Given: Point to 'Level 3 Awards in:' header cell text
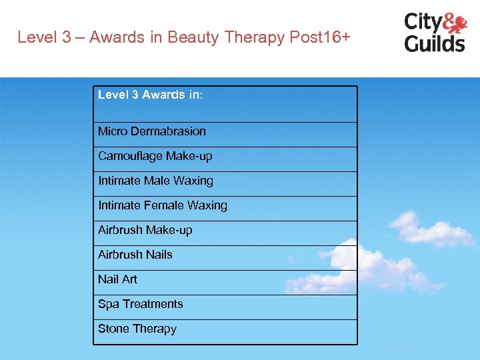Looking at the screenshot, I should click(150, 95).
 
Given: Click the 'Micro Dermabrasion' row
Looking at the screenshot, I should click(152, 131).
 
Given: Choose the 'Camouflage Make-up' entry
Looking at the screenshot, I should click(155, 156).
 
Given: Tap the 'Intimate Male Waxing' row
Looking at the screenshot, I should click(155, 181).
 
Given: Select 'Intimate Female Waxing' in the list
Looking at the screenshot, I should click(163, 205).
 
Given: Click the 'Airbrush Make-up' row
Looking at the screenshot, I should click(145, 230).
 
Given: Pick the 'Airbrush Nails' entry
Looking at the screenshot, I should click(135, 255).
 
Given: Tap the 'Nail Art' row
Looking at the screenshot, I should click(117, 279).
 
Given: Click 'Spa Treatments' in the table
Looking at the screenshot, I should click(140, 304).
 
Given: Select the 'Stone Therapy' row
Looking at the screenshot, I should click(137, 329).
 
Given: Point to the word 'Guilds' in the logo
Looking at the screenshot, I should click(434, 43).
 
